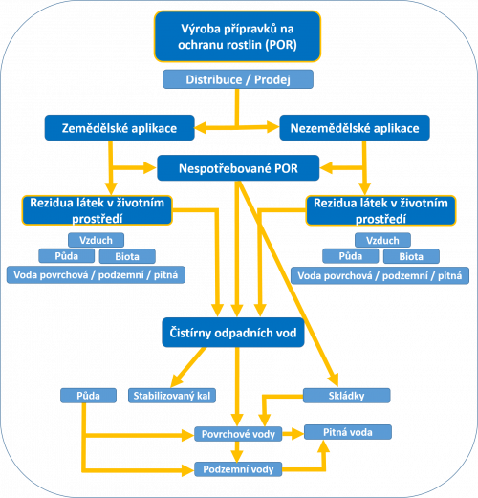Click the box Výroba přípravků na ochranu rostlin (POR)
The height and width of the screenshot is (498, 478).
[237, 36]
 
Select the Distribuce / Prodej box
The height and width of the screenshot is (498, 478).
[238, 79]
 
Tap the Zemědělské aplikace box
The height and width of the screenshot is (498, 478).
[119, 128]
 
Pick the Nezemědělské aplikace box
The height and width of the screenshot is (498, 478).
[355, 128]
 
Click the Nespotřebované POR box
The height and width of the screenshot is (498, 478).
[238, 168]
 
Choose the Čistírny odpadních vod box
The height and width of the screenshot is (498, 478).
[233, 333]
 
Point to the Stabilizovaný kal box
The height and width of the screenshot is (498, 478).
[172, 396]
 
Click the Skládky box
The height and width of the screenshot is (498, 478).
[346, 396]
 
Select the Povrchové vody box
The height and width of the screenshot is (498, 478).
[238, 434]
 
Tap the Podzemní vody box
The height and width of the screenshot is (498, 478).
[238, 469]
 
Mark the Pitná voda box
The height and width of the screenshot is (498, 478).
[348, 432]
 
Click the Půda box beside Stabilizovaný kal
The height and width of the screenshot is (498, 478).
[88, 396]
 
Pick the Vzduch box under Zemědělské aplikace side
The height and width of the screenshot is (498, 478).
[96, 240]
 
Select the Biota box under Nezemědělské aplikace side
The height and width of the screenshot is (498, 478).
[411, 256]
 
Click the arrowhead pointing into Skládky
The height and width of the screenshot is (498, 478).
[333, 379]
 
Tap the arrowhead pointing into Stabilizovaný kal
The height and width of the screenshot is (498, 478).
[177, 380]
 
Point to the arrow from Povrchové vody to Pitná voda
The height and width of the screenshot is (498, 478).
[293, 434]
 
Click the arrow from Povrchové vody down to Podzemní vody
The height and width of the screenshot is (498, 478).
[237, 451]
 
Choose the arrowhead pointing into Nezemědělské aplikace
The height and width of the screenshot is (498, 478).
[272, 127]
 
